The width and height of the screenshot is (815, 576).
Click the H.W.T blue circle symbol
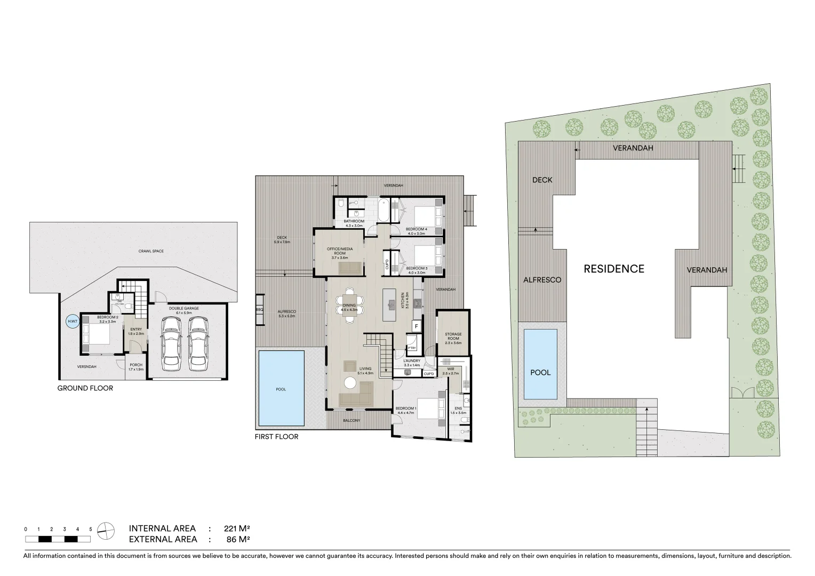71,322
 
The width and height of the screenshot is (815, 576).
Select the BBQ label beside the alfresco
260,310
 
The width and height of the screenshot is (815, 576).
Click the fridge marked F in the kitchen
416,325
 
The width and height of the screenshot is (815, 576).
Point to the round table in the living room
350,382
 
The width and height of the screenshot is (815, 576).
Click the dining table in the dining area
350,306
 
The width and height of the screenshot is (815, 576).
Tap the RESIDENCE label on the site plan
614,269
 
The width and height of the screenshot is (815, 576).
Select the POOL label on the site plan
540,372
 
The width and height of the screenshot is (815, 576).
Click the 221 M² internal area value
237,529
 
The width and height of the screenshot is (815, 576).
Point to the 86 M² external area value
238,539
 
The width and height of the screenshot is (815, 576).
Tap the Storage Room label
453,337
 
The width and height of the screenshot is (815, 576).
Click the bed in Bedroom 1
430,409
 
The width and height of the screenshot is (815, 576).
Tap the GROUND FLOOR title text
85,388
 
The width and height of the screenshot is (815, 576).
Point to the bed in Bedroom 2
97,335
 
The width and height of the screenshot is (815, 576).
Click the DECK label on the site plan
542,180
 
